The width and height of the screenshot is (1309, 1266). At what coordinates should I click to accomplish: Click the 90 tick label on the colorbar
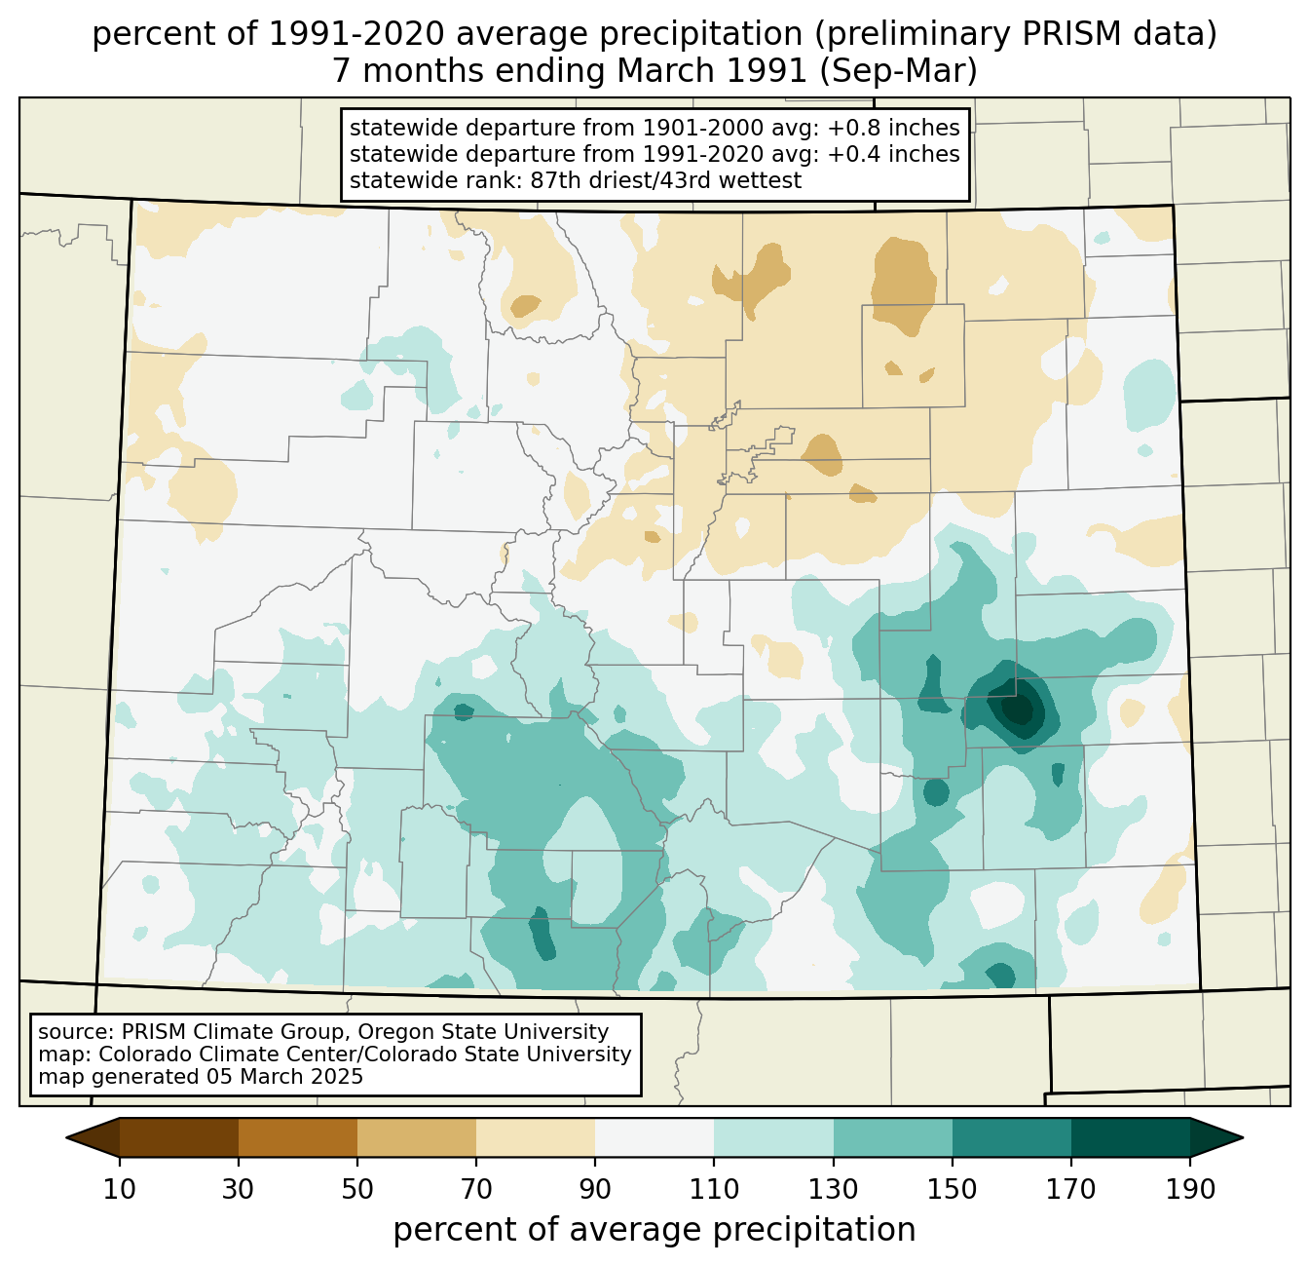click(x=595, y=1190)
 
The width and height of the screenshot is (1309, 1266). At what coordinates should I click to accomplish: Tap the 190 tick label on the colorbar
click(x=1190, y=1190)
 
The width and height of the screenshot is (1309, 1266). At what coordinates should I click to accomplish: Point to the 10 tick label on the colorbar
click(x=120, y=1190)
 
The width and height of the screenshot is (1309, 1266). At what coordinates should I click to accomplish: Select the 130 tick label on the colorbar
click(x=834, y=1190)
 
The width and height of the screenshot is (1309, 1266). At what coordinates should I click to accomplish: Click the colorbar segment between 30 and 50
click(x=298, y=1137)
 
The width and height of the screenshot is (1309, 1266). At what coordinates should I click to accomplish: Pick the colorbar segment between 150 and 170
click(x=1012, y=1137)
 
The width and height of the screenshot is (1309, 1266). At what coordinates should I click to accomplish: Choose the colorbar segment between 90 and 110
click(x=654, y=1137)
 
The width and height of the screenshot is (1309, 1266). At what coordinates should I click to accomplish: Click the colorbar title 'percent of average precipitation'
click(x=654, y=1230)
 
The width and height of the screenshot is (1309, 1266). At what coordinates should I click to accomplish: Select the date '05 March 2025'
click(x=283, y=1077)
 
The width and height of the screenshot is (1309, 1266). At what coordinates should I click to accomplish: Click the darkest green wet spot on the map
click(x=1018, y=709)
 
